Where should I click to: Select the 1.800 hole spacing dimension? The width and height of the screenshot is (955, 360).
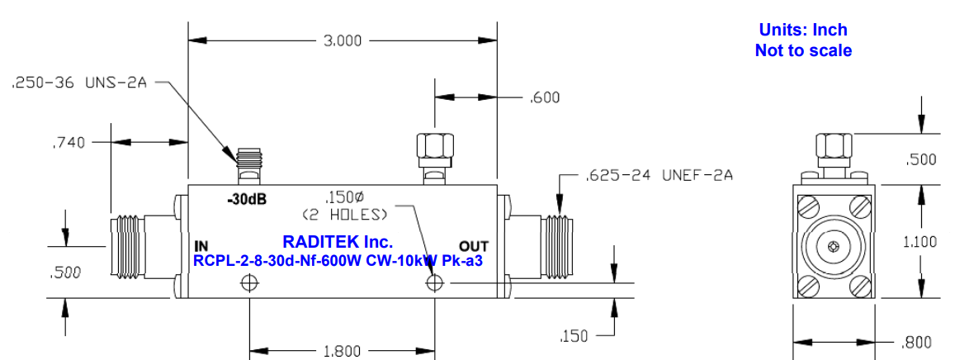click(x=342, y=351)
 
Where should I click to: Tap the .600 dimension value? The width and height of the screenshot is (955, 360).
click(x=545, y=97)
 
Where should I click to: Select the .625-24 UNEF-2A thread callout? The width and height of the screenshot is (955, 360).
click(x=658, y=175)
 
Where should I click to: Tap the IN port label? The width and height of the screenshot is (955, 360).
click(x=201, y=246)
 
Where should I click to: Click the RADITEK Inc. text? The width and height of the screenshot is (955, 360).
click(x=338, y=242)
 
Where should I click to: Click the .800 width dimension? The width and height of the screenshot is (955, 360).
click(x=915, y=342)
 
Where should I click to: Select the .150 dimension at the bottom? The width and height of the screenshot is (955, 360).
click(x=574, y=336)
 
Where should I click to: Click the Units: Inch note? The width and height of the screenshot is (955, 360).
click(x=802, y=31)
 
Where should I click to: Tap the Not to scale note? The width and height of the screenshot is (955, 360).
click(x=802, y=51)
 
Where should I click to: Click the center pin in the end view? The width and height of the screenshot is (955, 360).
click(x=833, y=245)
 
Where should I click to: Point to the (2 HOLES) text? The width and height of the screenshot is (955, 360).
click(x=344, y=215)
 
